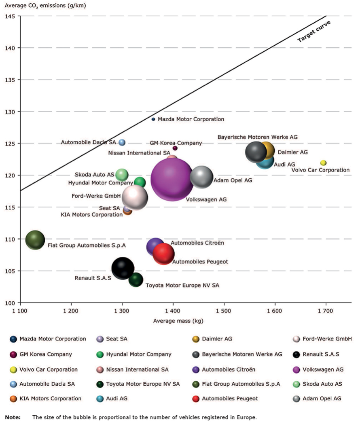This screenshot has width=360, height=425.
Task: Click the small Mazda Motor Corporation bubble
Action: point(153,119)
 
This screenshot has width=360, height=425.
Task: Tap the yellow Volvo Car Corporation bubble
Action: point(323,163)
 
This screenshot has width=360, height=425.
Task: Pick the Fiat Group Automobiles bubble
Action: point(35,240)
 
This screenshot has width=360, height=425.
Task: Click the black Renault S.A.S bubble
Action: point(123,268)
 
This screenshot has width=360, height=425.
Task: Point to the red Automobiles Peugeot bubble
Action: point(164,254)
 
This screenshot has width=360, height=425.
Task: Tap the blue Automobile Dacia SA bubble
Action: point(122,142)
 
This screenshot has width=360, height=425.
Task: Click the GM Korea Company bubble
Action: point(175,148)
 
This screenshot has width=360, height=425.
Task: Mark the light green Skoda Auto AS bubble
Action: point(122,175)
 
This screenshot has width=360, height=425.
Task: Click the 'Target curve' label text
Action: point(314,32)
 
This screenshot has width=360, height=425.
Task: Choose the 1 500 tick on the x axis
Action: point(224,311)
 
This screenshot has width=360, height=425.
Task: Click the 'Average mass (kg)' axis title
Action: point(178,321)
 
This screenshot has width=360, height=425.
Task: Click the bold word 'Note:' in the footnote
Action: point(13,417)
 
